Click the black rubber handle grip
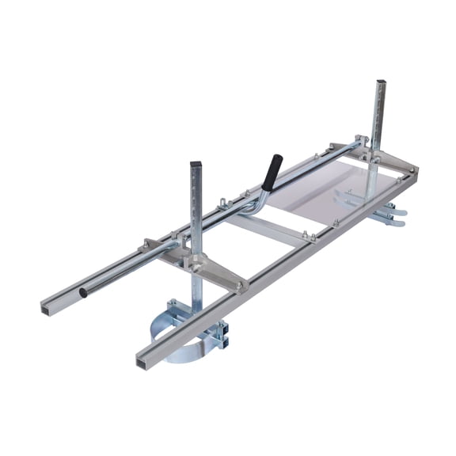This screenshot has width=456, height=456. [x=272, y=172]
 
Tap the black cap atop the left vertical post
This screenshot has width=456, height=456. [x=196, y=165]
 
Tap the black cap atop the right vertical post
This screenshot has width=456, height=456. [x=380, y=82]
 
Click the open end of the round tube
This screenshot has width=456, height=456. [x=83, y=293]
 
